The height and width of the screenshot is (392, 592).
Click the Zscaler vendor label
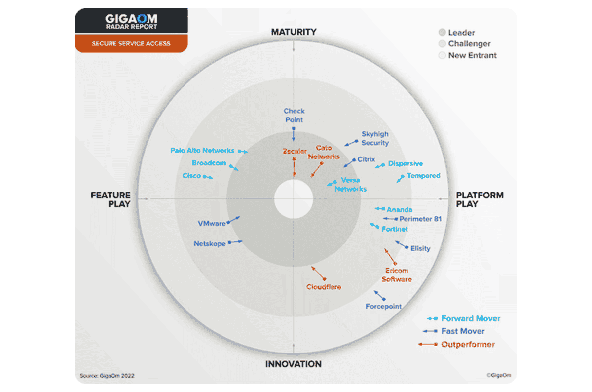tap(295, 151)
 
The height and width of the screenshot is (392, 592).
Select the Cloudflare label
tap(324, 287)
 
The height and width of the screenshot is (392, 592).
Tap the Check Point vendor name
tap(294, 116)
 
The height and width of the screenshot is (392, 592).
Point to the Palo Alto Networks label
tap(202, 151)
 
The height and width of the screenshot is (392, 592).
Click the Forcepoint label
tap(383, 306)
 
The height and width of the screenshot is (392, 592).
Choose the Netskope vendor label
tap(210, 243)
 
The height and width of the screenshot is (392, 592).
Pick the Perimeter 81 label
tap(420, 219)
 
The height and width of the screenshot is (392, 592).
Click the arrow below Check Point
tap(294, 134)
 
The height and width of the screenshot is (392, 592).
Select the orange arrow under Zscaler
tap(294, 167)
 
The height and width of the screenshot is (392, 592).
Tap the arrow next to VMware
tap(233, 220)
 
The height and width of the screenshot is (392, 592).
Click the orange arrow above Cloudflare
tap(319, 273)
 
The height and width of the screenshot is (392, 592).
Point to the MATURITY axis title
tap(294, 32)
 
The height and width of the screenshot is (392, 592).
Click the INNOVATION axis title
tap(294, 364)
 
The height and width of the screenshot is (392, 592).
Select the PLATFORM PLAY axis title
tap(480, 199)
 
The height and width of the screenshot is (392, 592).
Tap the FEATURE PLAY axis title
tap(111, 199)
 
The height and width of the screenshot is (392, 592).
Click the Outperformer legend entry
tap(456, 344)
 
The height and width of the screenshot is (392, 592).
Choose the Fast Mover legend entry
tap(453, 331)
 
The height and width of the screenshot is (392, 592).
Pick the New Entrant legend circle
tap(442, 55)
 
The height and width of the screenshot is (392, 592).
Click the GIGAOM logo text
tap(131, 19)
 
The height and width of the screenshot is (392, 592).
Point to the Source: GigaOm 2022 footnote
tap(107, 376)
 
